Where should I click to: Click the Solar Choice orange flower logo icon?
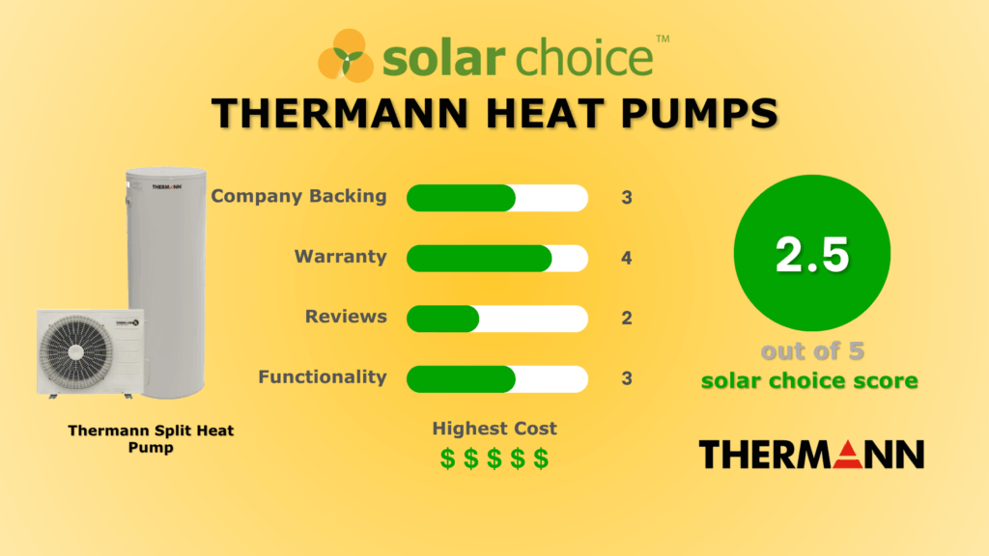coord(346,55)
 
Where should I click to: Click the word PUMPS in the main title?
coord(699,114)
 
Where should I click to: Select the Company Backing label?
coord(298,196)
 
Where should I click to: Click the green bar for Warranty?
coord(479,259)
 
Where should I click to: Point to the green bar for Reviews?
coord(442,319)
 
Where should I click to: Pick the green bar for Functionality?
coord(461,379)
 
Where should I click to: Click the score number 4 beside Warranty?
coord(626,258)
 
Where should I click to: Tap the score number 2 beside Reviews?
coord(626,318)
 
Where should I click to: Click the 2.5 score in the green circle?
coord(812,255)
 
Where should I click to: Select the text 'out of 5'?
coord(812,351)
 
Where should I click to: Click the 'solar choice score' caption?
coord(810,380)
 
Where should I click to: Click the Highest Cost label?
coord(494,429)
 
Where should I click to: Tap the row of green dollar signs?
coord(494,459)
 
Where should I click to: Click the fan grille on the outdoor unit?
coord(76,351)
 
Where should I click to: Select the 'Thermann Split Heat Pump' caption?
coord(151,439)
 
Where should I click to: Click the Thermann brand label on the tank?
coord(167,186)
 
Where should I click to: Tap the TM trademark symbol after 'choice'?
coord(663,39)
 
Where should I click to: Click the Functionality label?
coord(323,377)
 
